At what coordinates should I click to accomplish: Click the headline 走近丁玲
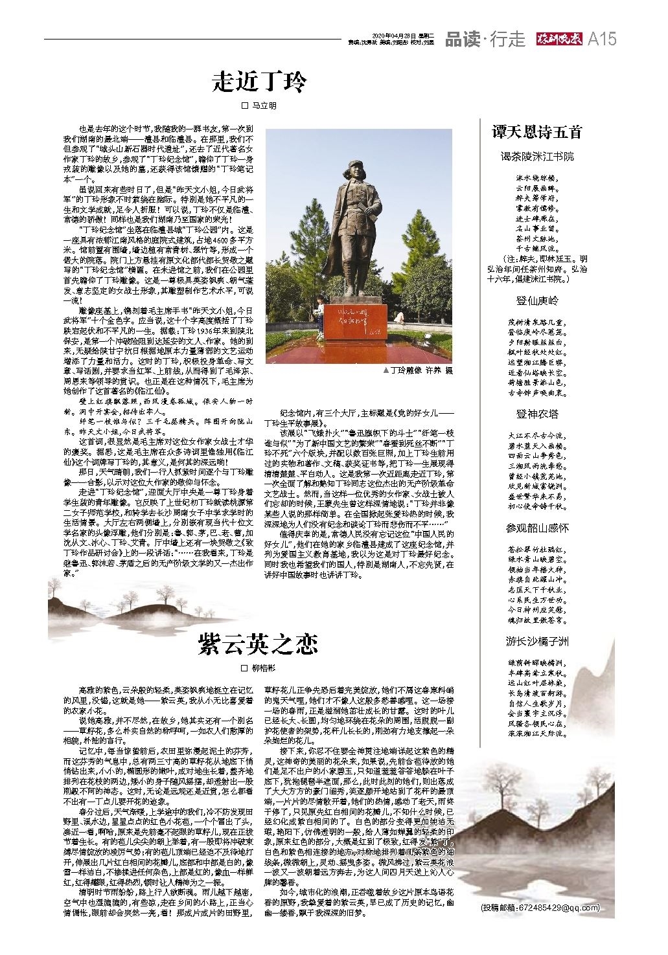259,83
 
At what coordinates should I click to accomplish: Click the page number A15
601,39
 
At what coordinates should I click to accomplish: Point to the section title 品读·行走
485,39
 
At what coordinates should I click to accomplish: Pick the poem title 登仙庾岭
537,300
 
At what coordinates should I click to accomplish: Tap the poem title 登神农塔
537,414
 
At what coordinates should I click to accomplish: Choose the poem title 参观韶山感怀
537,528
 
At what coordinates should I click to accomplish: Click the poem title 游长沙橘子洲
537,642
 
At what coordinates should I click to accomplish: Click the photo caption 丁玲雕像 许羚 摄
418,370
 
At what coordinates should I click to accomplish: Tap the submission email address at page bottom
540,906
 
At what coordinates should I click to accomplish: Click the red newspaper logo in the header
557,39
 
